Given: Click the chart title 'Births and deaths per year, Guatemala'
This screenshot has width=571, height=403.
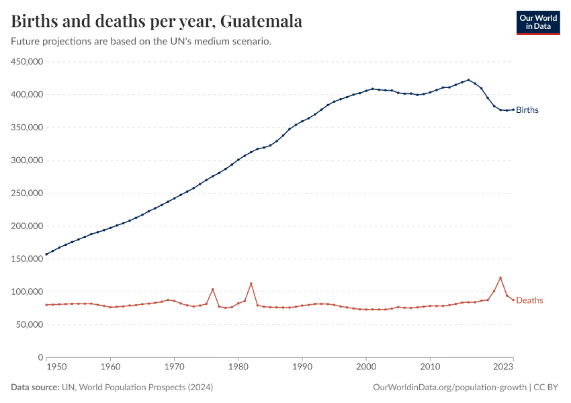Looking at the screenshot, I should (x=157, y=21).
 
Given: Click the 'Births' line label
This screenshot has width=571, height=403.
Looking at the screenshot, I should (x=527, y=110).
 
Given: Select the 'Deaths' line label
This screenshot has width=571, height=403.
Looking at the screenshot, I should (x=529, y=300).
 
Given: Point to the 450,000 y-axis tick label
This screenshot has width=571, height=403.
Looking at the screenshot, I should (x=28, y=62).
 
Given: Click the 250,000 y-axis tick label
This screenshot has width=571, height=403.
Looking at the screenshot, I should (x=28, y=193).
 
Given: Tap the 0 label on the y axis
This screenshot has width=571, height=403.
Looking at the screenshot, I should (x=40, y=358).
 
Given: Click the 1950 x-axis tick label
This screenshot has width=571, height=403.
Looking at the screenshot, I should (x=56, y=367).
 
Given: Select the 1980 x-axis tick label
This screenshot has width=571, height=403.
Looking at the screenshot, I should (x=238, y=367).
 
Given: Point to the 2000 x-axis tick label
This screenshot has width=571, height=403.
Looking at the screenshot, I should (x=366, y=367).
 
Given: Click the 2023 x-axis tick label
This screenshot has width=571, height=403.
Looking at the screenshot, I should (x=503, y=367).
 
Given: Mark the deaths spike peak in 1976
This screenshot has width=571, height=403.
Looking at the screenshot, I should (x=213, y=289).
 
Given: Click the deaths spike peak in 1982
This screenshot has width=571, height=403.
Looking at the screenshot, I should (x=251, y=283).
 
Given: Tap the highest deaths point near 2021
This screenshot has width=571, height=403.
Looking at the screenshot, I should (x=500, y=277).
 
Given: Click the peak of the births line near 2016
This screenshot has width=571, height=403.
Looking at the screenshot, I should (x=469, y=80).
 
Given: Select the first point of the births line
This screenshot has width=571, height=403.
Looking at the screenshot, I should (x=46, y=255).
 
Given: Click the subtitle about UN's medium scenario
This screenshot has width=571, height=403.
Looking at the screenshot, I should (x=141, y=42).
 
